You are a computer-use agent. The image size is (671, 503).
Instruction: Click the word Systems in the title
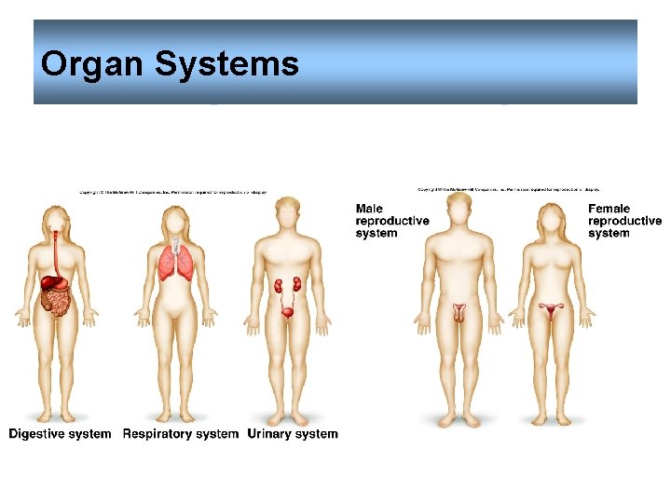[x=226, y=64]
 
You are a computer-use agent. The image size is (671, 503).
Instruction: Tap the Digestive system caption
[x=60, y=433]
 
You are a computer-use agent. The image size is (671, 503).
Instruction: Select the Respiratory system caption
[x=181, y=433]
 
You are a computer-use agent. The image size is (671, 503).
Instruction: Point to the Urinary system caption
[x=293, y=433]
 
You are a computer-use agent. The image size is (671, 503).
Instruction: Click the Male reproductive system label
[x=392, y=221]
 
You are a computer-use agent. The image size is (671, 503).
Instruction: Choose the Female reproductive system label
[x=624, y=221]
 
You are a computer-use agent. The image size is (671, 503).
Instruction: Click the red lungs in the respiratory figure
[x=172, y=262]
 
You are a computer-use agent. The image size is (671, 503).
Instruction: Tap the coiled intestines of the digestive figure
[x=56, y=301]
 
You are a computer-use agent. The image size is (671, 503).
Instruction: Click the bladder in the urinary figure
[x=290, y=312]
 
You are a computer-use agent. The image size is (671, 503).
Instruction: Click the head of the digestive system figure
[x=58, y=221]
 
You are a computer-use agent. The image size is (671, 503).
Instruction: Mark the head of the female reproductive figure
[x=553, y=221]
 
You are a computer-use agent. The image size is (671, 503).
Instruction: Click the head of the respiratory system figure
[x=173, y=221]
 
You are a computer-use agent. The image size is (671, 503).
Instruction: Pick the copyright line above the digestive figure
[x=172, y=193]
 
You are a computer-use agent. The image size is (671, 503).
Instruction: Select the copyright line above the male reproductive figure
[x=509, y=189]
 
